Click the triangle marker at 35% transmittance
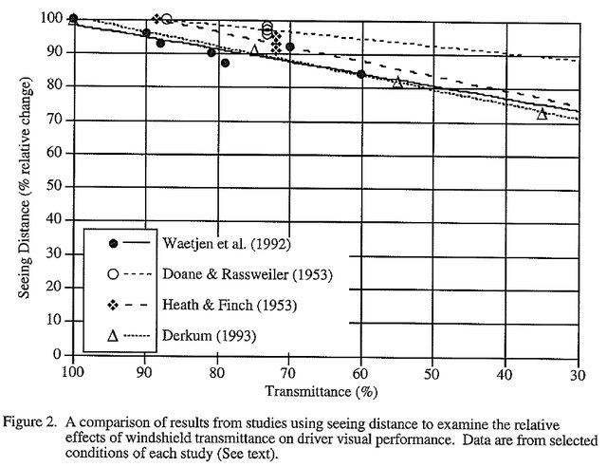[542, 114]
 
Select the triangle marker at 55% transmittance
[397, 83]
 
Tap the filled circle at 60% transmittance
[361, 74]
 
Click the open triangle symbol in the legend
[112, 336]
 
